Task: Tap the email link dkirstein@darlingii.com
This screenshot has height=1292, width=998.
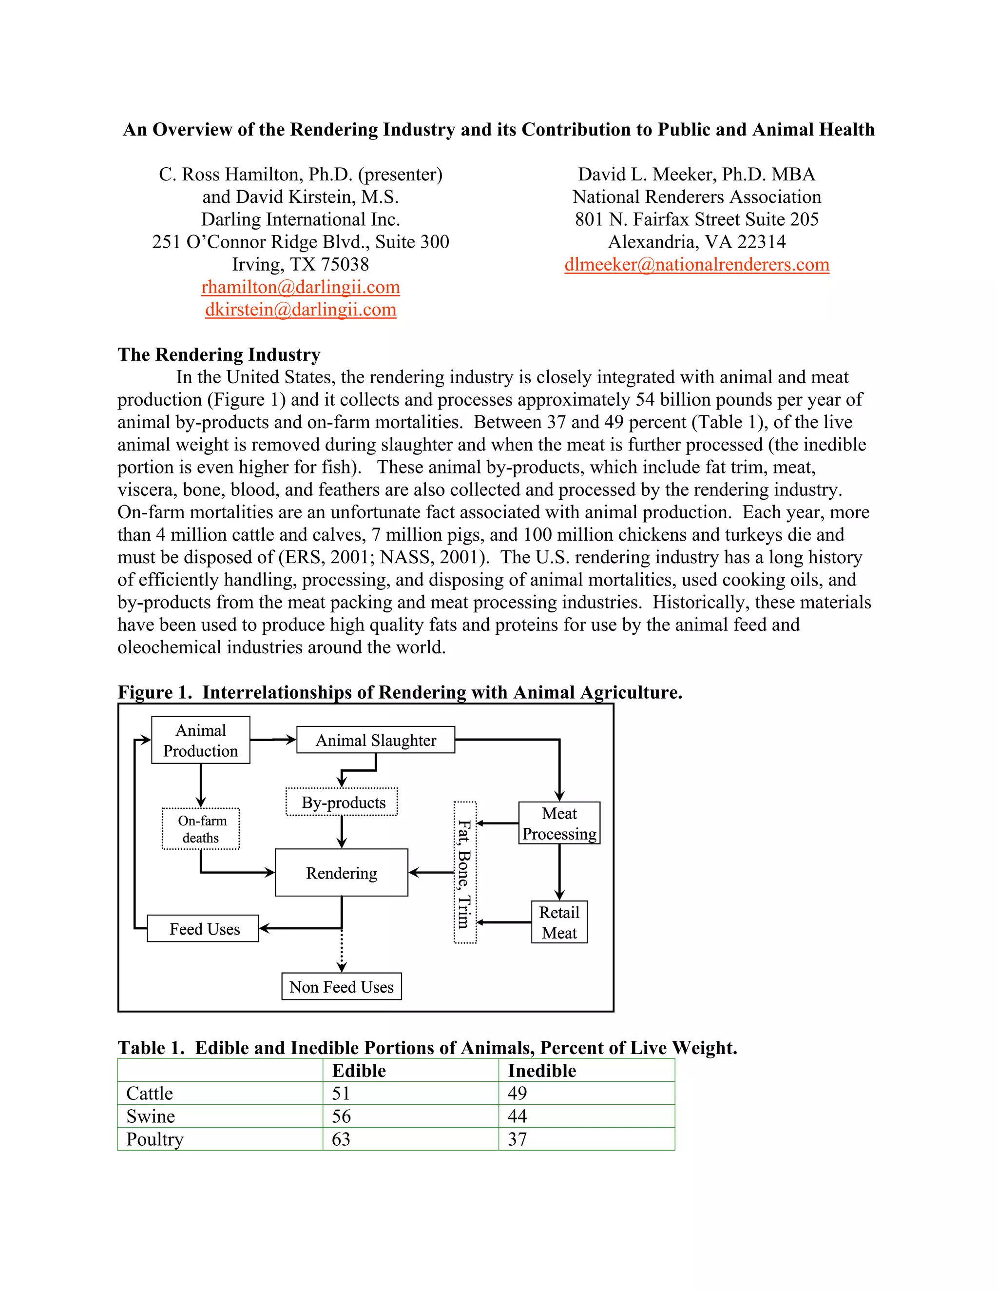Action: pyautogui.click(x=300, y=310)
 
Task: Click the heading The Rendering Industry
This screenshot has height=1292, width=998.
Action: pyautogui.click(x=219, y=354)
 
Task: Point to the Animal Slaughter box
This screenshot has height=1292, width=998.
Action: pyautogui.click(x=375, y=740)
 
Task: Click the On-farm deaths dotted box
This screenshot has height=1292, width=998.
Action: pyautogui.click(x=201, y=829)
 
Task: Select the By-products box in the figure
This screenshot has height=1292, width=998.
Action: pyautogui.click(x=342, y=802)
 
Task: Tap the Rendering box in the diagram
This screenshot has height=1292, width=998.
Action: pyautogui.click(x=341, y=873)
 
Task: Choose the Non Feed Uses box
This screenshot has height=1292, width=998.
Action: pyautogui.click(x=341, y=987)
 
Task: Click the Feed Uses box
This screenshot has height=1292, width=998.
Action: pyautogui.click(x=203, y=929)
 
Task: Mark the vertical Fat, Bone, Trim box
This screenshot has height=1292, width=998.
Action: pyautogui.click(x=465, y=873)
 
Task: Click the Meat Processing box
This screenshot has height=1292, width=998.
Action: pyautogui.click(x=559, y=823)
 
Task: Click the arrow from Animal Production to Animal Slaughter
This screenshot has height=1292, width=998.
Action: pyautogui.click(x=273, y=740)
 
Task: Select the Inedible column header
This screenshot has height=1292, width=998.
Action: pyautogui.click(x=541, y=1071)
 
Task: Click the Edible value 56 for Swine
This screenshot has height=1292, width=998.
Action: pyautogui.click(x=341, y=1116)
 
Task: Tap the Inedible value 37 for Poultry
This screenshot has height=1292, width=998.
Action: pyautogui.click(x=518, y=1139)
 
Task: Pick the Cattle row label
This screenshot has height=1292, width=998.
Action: pyautogui.click(x=150, y=1093)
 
